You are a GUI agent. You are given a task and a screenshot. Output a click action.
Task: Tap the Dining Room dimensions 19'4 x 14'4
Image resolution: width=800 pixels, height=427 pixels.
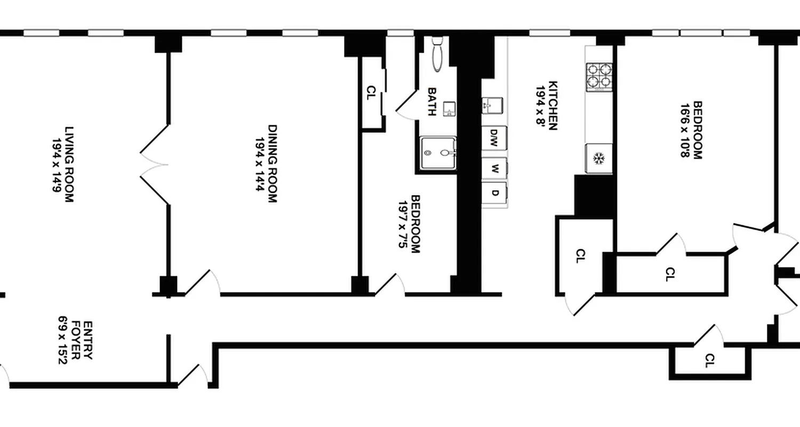pyautogui.click(x=260, y=164)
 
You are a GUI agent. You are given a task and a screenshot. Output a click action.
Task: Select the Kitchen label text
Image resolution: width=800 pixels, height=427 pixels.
pyautogui.click(x=553, y=106)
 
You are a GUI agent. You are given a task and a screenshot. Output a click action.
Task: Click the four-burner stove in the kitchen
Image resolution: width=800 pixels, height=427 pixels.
pyautogui.click(x=599, y=76)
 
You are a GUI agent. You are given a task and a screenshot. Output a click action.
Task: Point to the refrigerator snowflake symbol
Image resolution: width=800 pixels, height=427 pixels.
pyautogui.click(x=599, y=159)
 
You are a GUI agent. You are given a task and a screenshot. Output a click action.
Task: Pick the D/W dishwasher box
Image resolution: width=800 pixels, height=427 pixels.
pyautogui.click(x=494, y=138)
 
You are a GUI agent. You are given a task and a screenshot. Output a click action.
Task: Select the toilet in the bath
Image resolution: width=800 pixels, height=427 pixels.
pyautogui.click(x=437, y=53)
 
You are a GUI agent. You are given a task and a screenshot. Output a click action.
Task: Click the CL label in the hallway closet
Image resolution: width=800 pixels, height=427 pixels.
pyautogui.click(x=709, y=361)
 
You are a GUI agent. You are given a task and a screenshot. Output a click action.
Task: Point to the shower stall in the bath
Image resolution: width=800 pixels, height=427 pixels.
pyautogui.click(x=438, y=153)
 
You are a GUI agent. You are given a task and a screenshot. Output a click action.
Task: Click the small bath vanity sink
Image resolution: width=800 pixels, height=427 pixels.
pyautogui.click(x=449, y=108)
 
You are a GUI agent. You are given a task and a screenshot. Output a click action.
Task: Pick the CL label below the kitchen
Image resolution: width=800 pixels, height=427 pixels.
pyautogui.click(x=581, y=256)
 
